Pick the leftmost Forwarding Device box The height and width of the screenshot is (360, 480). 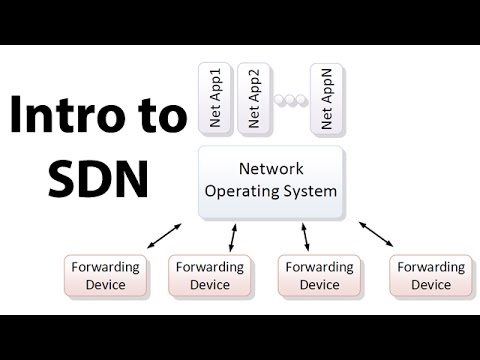[105, 275]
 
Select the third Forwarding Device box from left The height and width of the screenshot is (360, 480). [321, 275]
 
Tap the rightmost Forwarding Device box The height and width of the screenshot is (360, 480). [431, 275]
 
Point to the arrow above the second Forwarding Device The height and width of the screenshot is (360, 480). [233, 238]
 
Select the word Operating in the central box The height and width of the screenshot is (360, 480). [242, 191]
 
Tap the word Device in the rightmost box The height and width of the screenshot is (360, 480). [431, 285]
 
